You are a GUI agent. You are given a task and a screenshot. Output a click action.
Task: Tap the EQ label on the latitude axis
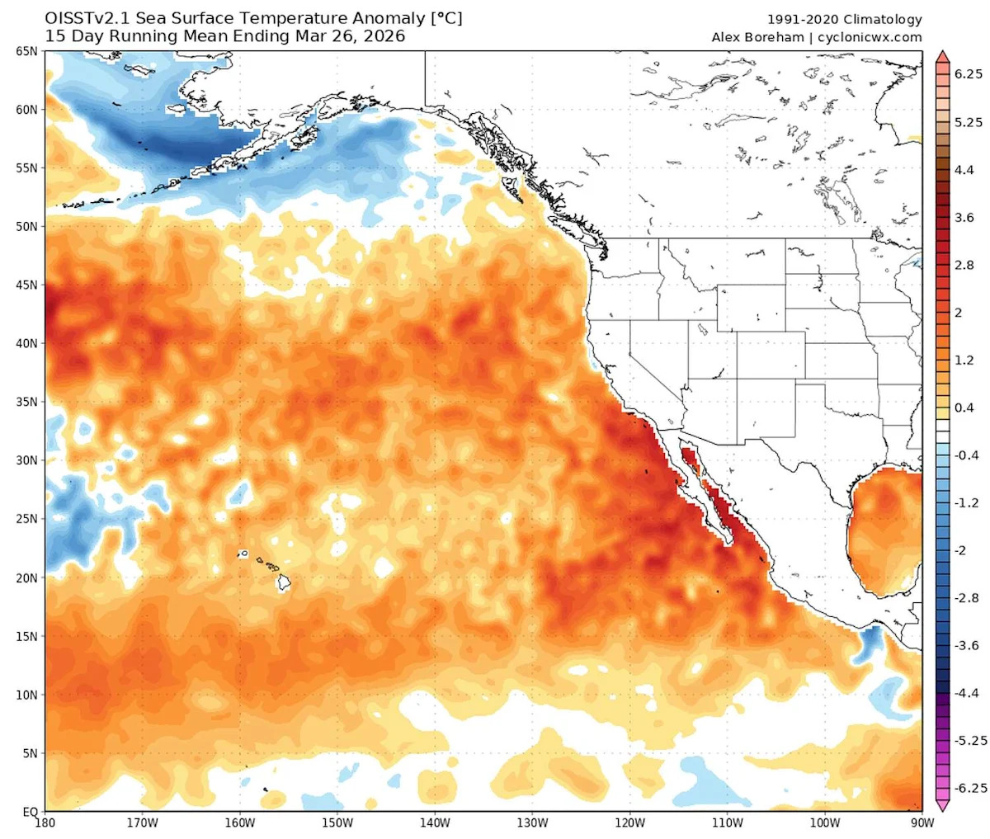tap(30, 812)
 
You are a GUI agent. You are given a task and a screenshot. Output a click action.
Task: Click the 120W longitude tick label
tap(629, 823)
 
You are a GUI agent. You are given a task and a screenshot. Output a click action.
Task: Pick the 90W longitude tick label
tap(922, 823)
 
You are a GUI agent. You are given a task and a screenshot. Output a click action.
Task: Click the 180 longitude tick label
tap(46, 823)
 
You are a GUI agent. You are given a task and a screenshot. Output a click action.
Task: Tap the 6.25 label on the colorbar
tap(969, 74)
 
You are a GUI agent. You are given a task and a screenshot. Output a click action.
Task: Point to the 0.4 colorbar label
tap(964, 408)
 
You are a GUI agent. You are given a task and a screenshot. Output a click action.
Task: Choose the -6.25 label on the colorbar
tap(971, 788)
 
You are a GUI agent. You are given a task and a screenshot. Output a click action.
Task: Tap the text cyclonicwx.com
tap(870, 37)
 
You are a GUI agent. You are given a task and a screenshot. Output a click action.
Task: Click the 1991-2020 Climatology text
tap(845, 20)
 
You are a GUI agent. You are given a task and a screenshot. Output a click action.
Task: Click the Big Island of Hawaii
tap(283, 582)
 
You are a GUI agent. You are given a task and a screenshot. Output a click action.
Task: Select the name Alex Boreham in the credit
tap(756, 37)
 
